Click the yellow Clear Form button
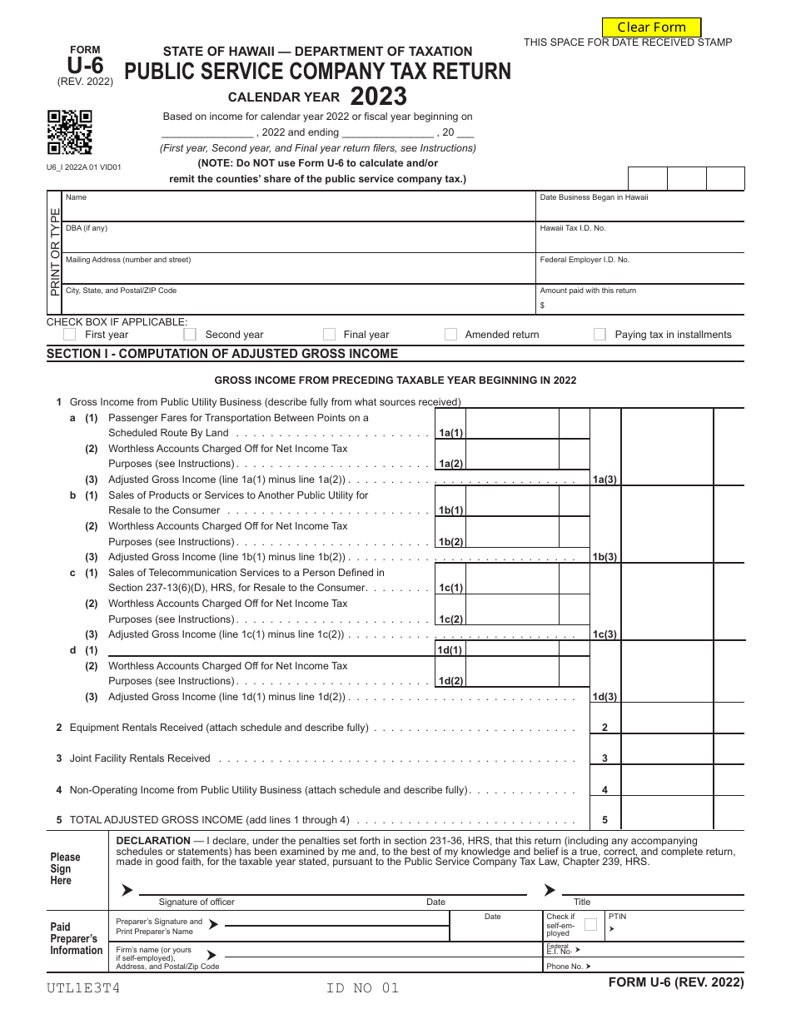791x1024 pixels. coord(651,27)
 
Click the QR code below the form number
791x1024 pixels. coord(69,132)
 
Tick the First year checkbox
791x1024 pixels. coord(70,334)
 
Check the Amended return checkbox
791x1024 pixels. coord(450,334)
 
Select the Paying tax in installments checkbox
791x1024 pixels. coord(599,334)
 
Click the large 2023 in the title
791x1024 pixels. coord(378,97)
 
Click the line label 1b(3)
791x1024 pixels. coord(604,557)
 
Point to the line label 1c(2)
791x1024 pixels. coord(450,619)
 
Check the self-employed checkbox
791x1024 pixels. coord(590,924)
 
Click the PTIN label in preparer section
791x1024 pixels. coord(617,917)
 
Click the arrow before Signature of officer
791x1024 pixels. coord(127,890)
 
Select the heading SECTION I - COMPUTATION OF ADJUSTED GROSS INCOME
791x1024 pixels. coord(222,354)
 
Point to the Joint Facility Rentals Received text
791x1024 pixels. coord(140,758)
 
